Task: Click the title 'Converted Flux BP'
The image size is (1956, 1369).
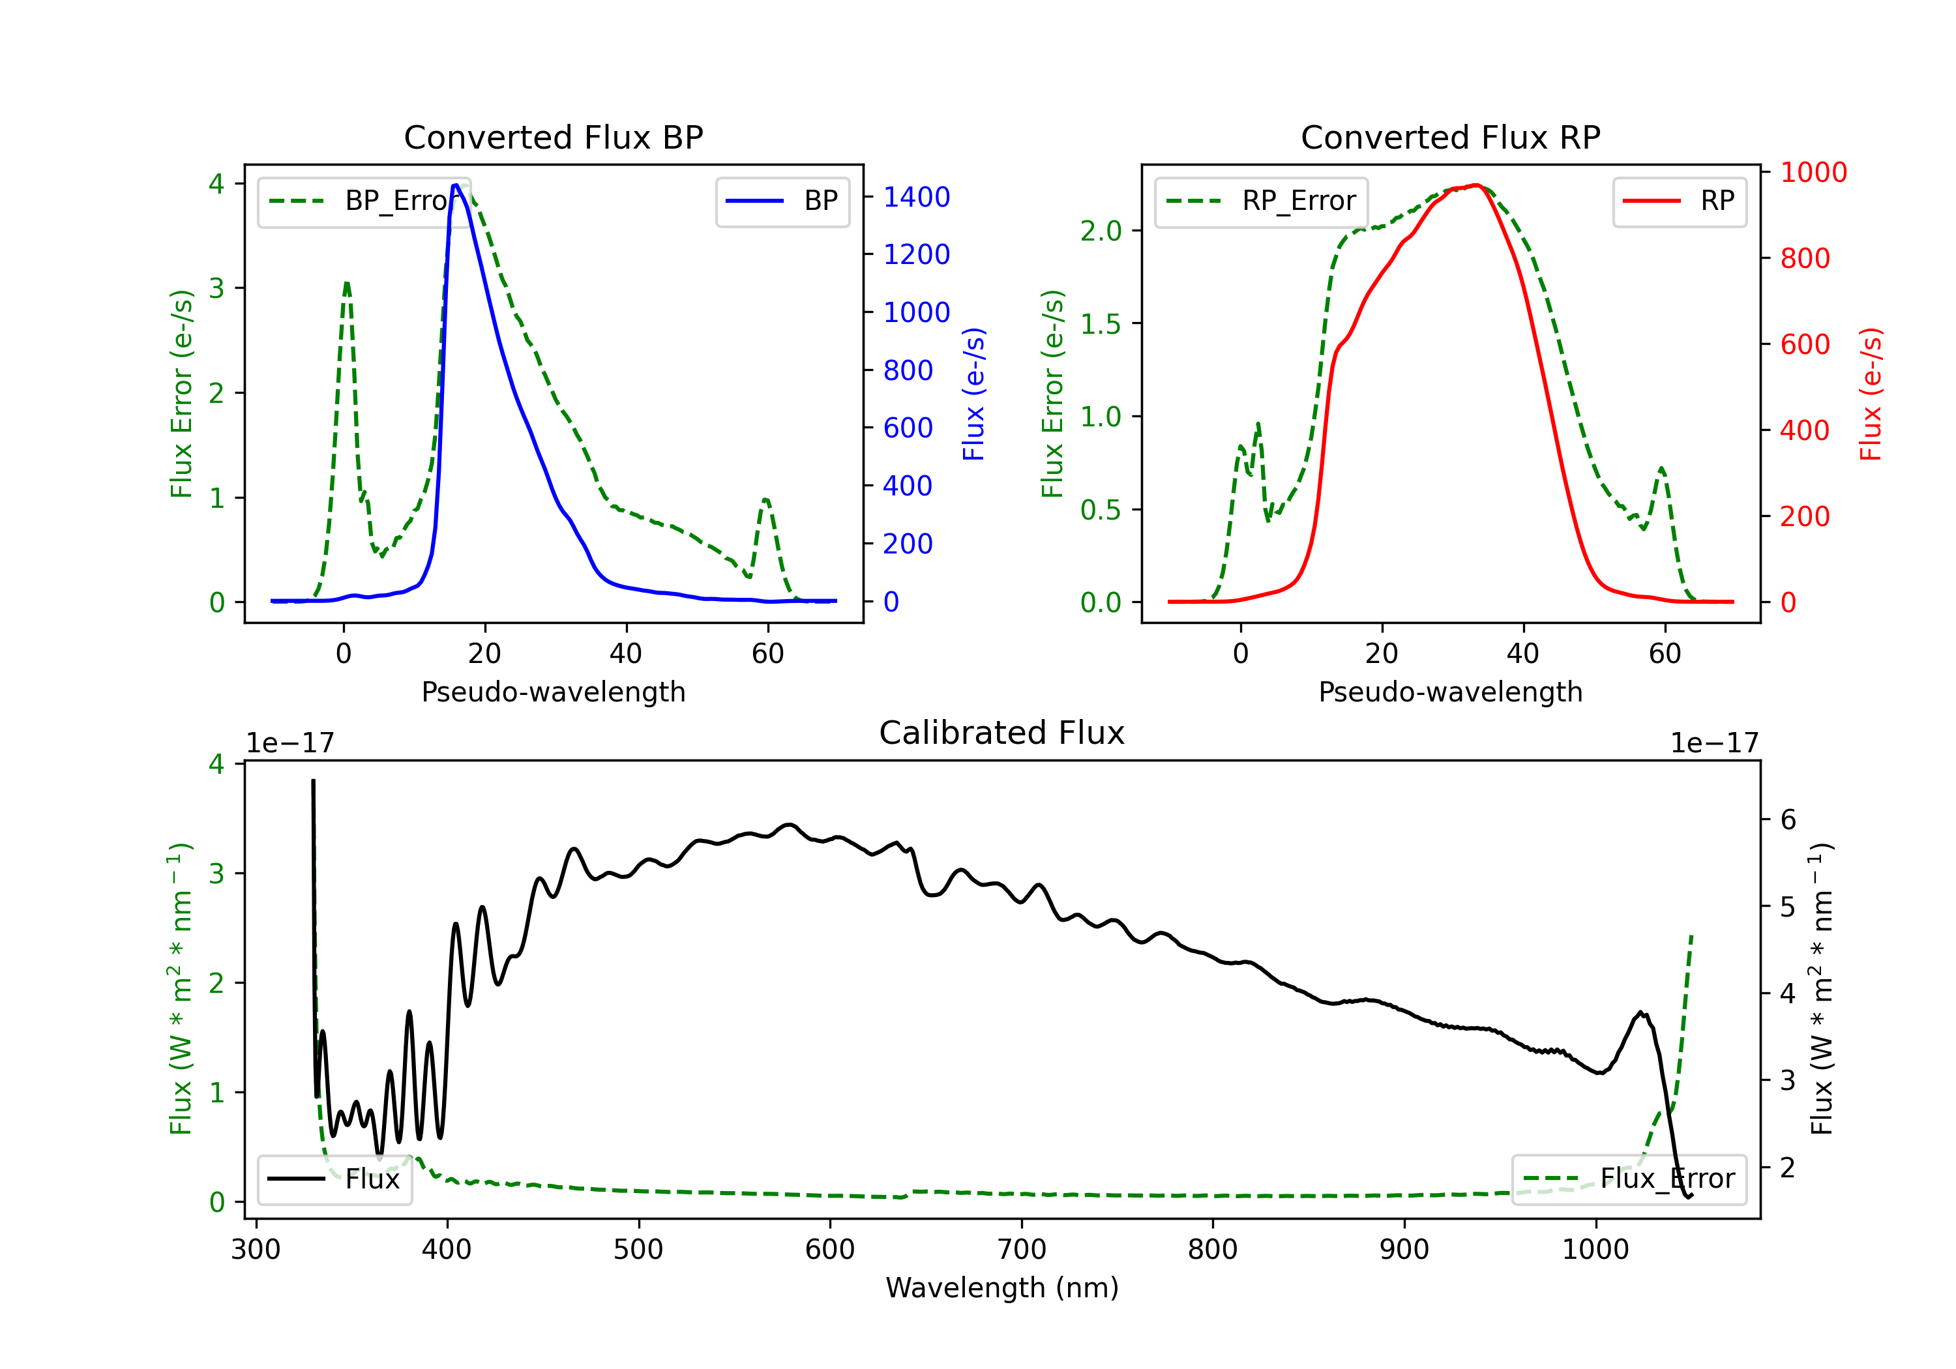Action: pos(553,137)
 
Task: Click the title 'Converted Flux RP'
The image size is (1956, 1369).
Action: pos(1450,137)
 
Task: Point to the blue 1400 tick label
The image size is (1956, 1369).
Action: pos(916,198)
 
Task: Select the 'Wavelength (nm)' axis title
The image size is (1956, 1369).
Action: pos(1002,1288)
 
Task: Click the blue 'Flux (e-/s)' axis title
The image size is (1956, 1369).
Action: pos(973,394)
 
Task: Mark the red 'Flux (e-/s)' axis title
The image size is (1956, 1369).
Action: pos(1871,394)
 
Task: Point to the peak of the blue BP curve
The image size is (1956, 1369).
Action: pos(456,185)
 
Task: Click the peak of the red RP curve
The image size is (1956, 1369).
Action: pos(1475,185)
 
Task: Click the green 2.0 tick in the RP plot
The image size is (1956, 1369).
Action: pos(1100,231)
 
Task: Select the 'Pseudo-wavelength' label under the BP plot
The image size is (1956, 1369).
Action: pos(553,692)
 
